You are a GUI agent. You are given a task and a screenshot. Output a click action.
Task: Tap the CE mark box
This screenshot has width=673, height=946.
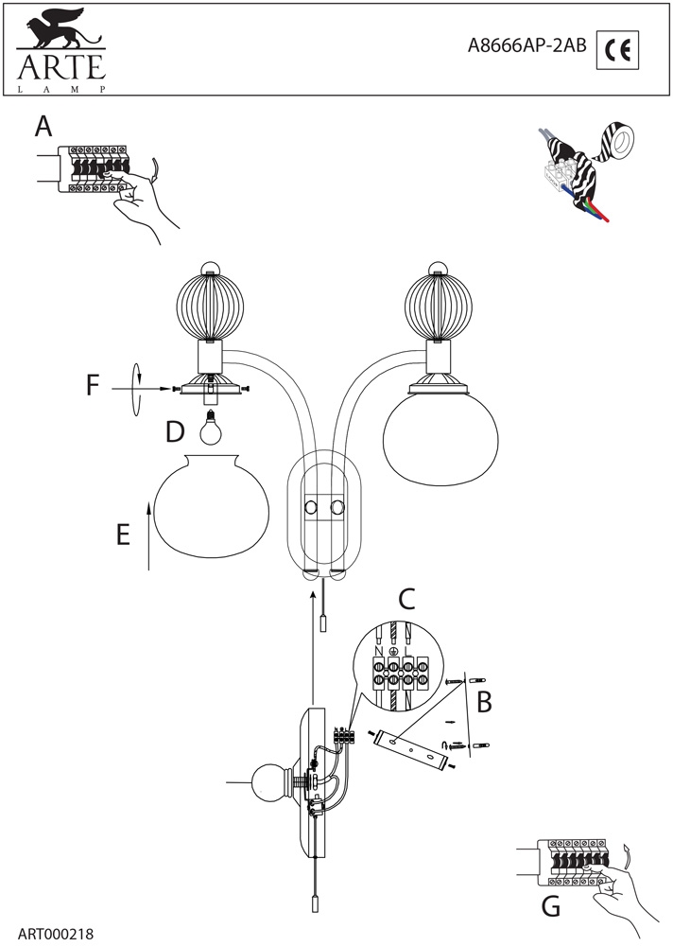[x=619, y=50]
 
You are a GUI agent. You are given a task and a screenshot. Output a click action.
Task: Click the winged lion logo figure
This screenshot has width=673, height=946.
[x=59, y=33]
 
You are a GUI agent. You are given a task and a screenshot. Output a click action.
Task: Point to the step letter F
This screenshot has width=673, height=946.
[x=92, y=386]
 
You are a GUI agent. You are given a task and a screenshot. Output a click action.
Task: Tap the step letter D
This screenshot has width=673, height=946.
[x=175, y=431]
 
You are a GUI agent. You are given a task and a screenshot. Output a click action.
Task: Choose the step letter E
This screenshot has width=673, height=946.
[x=122, y=534]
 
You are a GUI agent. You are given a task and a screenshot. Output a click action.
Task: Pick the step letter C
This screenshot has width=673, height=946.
[x=406, y=598]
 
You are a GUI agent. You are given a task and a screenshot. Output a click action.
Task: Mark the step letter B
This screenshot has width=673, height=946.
[x=484, y=701]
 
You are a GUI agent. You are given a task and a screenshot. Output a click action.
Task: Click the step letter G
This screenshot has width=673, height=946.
[x=551, y=907]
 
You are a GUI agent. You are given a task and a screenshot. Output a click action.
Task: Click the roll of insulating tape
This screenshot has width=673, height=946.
[x=620, y=145]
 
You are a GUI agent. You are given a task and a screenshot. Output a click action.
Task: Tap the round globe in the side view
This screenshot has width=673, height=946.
[x=268, y=783]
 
